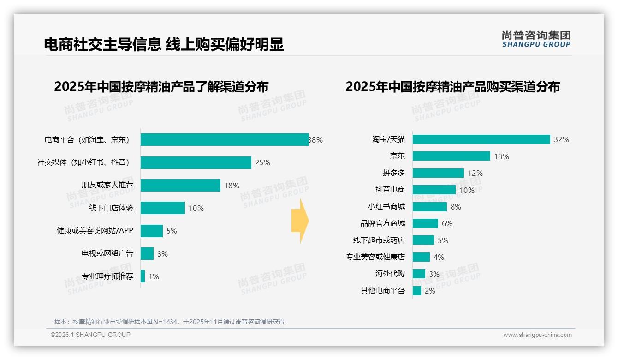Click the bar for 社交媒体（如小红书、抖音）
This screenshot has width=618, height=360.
point(196,162)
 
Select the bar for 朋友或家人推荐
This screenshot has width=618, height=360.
point(180,186)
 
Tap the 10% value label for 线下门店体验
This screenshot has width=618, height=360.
point(196,208)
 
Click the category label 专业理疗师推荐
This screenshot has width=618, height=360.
point(107,276)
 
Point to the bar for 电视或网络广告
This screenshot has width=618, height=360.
point(147,253)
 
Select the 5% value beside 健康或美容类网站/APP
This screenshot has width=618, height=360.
point(172,231)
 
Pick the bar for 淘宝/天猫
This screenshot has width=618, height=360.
point(481,139)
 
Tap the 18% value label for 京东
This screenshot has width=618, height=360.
point(501,156)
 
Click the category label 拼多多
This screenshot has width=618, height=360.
point(393,173)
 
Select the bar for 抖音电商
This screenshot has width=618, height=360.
point(434,190)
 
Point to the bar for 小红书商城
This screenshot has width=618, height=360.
point(429,207)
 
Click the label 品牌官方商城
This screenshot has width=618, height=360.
point(382,223)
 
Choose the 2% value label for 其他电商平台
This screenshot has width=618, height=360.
point(430,291)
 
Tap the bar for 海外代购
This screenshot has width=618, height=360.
point(419,274)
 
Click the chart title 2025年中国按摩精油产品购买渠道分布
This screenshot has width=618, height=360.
point(452,87)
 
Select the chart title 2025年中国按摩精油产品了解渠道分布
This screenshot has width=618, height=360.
point(161,87)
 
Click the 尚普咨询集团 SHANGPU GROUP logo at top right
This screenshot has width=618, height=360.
point(536,39)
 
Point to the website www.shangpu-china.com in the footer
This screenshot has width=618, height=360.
point(537,335)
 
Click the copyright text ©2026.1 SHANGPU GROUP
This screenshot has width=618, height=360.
point(90,335)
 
